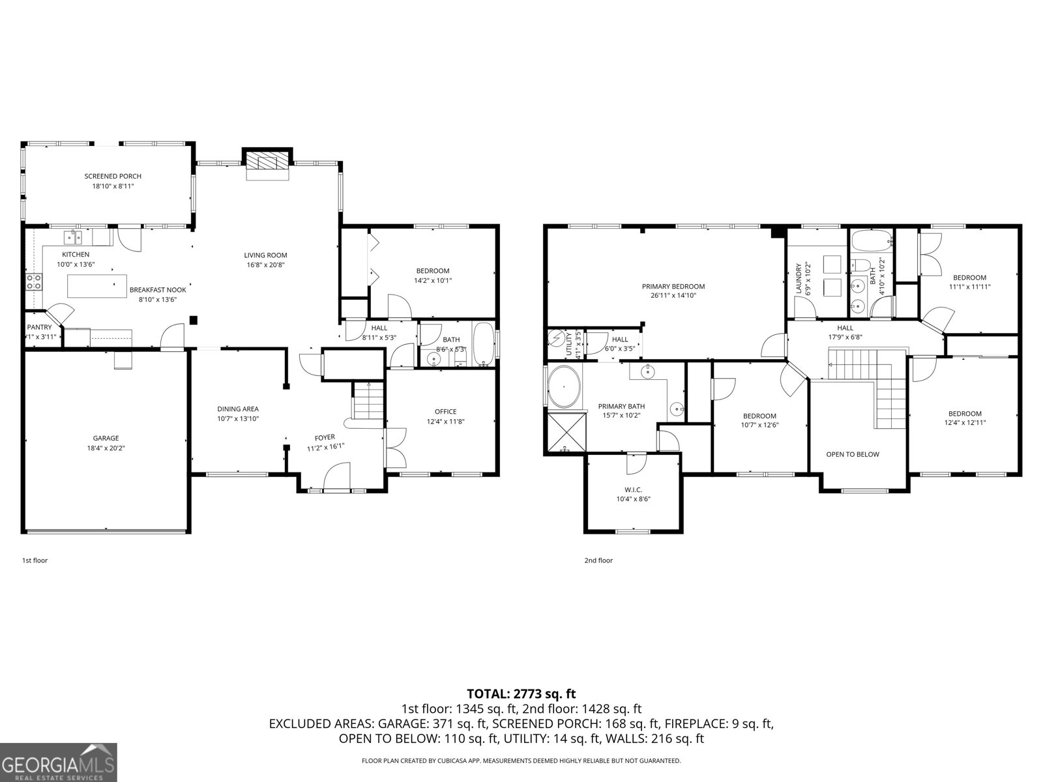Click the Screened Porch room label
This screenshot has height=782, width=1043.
point(113,176)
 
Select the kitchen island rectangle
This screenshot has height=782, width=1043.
point(97,285)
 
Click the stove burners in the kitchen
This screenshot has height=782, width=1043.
point(34,282)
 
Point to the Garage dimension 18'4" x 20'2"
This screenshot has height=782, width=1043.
point(106,448)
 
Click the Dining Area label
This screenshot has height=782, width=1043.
point(238,409)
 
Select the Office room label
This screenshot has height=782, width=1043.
point(446,411)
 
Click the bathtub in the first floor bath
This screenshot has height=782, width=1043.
point(483,343)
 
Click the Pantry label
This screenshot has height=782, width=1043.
point(39,327)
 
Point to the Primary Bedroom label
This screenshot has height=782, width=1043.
point(673,286)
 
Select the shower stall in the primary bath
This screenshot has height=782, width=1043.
point(565,431)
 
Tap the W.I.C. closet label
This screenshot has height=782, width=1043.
point(634,489)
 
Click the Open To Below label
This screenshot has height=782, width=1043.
point(853,454)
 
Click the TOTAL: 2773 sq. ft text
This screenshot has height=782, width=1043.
point(521,694)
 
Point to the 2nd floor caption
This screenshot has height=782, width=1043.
point(598,560)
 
